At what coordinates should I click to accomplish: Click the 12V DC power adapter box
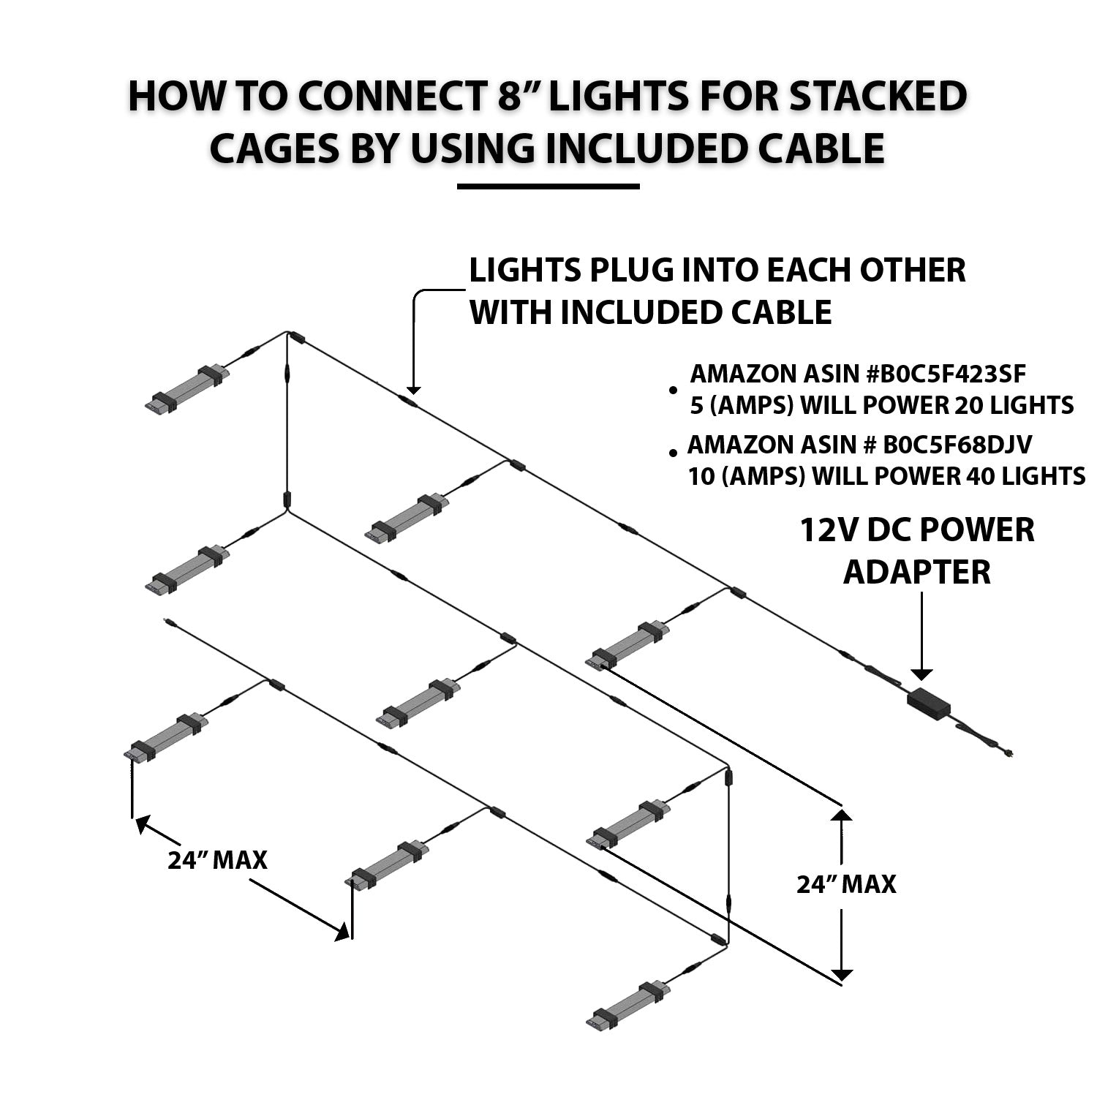[x=929, y=702]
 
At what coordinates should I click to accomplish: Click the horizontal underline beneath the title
[x=548, y=186]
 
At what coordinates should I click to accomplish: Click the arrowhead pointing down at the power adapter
[x=921, y=674]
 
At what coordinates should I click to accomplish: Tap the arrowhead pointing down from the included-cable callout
[x=414, y=389]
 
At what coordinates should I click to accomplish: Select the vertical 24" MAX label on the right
[x=846, y=884]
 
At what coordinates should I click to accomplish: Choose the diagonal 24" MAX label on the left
[x=217, y=860]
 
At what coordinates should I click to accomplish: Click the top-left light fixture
[x=188, y=388]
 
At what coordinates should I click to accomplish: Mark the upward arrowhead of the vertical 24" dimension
[x=842, y=813]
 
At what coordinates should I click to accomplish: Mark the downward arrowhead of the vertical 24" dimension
[x=842, y=974]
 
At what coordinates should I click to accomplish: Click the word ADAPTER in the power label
[x=916, y=572]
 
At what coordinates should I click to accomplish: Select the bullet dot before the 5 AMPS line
[x=672, y=391]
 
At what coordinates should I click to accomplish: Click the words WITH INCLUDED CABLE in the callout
[x=650, y=312]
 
